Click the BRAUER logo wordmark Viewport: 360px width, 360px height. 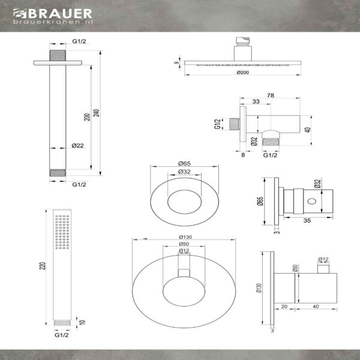click(53, 14)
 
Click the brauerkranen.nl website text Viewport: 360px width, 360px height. click(53, 22)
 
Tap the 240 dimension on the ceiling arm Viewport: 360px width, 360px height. click(97, 113)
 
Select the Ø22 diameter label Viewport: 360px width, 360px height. click(77, 146)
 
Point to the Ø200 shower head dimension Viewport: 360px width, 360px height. click(242, 73)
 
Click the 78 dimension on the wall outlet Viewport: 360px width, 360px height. click(271, 95)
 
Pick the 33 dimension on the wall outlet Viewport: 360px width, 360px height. click(256, 101)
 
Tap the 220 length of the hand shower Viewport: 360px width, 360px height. click(43, 266)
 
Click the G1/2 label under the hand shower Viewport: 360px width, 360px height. click(62, 335)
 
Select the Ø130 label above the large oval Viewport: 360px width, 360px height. click(185, 237)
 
